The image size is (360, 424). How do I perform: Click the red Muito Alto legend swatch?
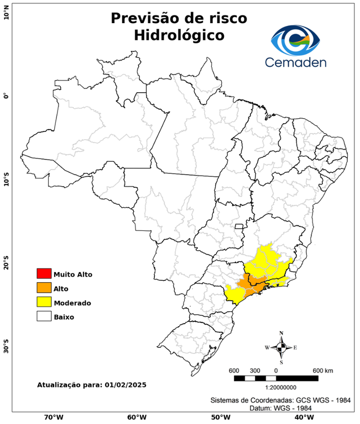click(44, 273)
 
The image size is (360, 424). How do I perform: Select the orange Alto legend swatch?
click(44, 288)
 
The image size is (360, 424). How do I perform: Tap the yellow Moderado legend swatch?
click(44, 302)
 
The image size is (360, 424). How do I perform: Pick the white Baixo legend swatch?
click(44, 316)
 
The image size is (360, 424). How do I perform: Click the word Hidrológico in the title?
click(179, 35)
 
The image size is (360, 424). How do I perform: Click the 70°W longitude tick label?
click(53, 417)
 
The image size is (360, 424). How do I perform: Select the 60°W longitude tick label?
click(137, 417)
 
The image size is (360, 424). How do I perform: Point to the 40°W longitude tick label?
click(302, 417)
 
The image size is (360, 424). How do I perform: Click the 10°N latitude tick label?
click(6, 13)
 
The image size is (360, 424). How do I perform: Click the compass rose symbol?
click(281, 347)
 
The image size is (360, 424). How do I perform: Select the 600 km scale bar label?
click(322, 370)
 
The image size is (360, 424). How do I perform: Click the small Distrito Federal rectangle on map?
click(239, 226)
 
